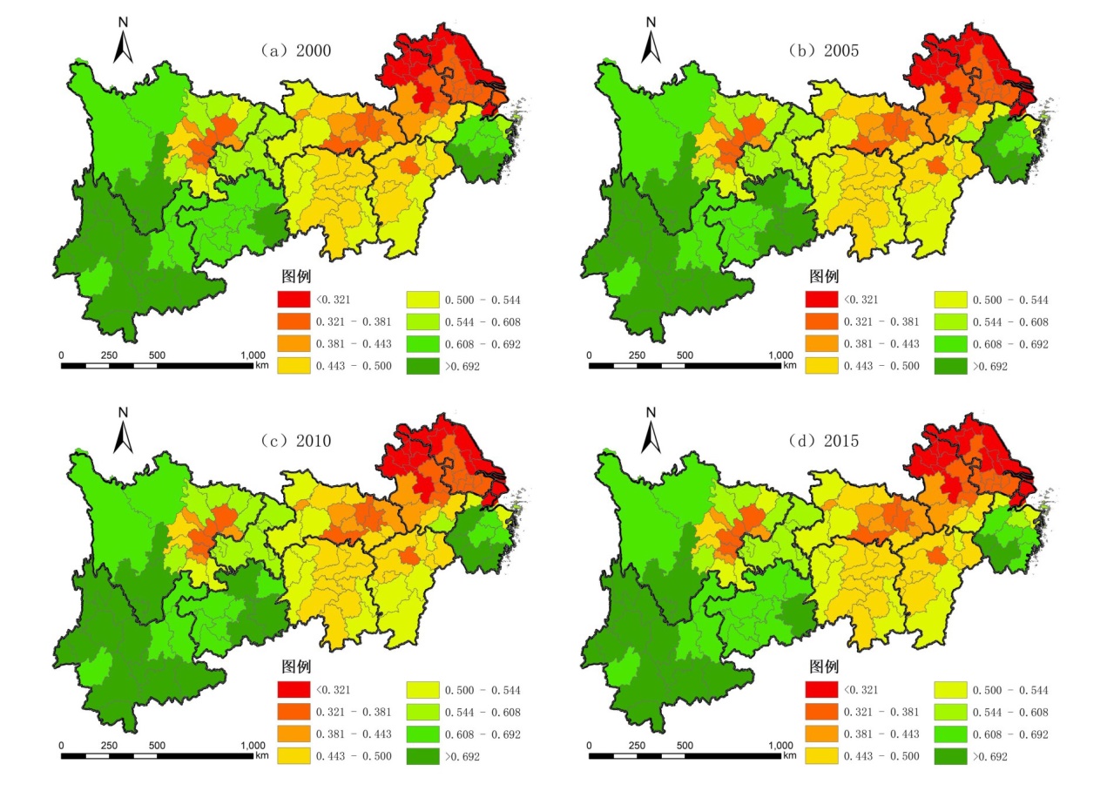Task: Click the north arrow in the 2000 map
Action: (123, 42)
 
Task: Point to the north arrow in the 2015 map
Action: (651, 430)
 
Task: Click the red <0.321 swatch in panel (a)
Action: (294, 301)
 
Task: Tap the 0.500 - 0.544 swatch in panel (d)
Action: (949, 691)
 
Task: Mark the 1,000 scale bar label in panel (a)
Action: (253, 355)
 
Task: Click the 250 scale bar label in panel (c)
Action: (109, 746)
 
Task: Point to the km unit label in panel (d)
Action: (790, 755)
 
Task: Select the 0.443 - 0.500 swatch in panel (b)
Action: (821, 367)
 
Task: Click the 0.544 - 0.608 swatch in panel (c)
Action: (422, 713)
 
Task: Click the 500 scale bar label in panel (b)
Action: (685, 355)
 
